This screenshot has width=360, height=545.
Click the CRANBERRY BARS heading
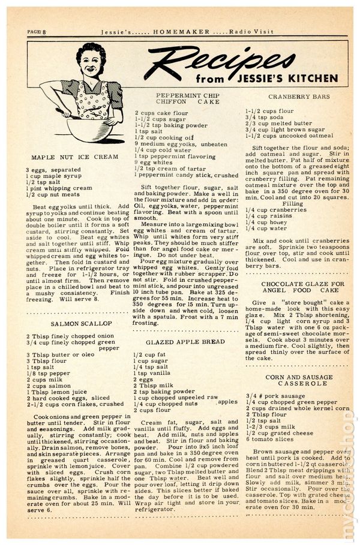coord(293,97)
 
